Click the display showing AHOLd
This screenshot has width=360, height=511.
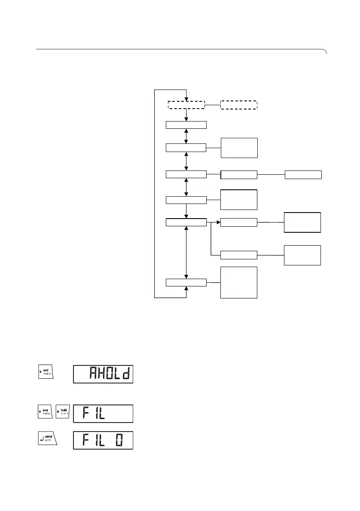(x=103, y=374)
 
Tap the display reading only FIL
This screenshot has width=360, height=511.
(x=103, y=414)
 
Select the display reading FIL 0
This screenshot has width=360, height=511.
(x=103, y=441)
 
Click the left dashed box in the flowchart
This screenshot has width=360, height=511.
(x=186, y=105)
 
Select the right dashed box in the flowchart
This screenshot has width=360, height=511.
(x=238, y=105)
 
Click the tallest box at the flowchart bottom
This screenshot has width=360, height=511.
(x=238, y=282)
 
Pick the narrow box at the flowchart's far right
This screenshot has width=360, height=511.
(x=303, y=174)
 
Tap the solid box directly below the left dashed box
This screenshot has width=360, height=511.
(x=186, y=125)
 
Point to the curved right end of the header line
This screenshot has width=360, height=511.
(x=325, y=52)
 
